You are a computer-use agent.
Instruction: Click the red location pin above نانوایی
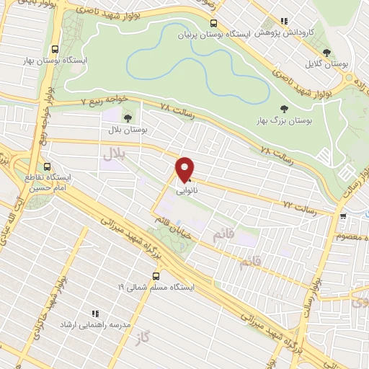[185, 169]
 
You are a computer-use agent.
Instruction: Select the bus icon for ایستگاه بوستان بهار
[56, 50]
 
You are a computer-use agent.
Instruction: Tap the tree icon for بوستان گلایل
[326, 53]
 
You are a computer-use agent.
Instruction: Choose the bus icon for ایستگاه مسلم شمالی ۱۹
[156, 275]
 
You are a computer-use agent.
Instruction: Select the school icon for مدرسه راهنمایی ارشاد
[94, 314]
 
